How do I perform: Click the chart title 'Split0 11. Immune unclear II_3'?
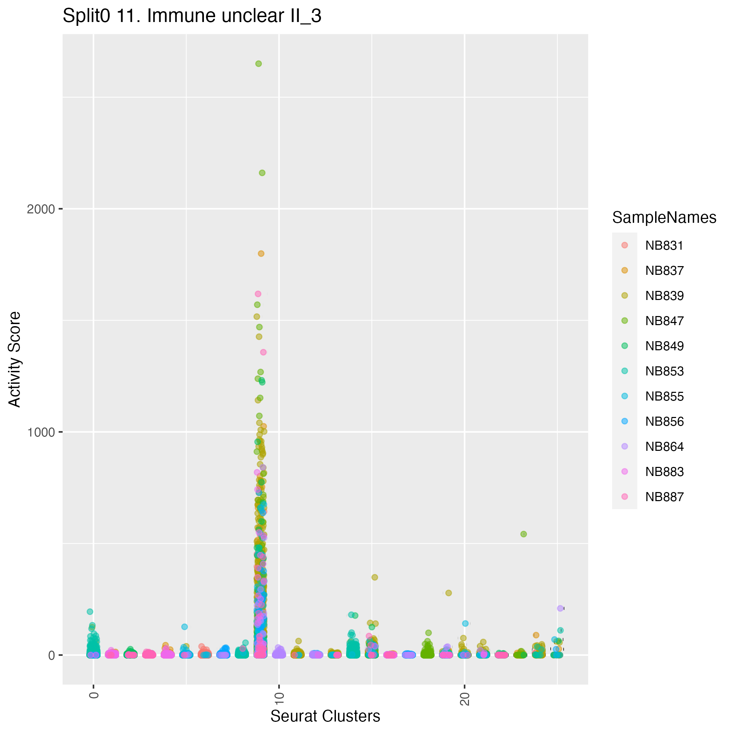pyautogui.click(x=192, y=16)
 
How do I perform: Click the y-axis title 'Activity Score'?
pyautogui.click(x=15, y=359)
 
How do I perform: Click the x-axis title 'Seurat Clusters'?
pyautogui.click(x=325, y=716)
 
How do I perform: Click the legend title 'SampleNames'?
pyautogui.click(x=664, y=218)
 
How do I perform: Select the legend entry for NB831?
pyautogui.click(x=664, y=245)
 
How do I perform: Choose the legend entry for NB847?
pyautogui.click(x=664, y=321)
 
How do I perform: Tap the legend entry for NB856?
pyautogui.click(x=664, y=422)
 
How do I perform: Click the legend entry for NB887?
pyautogui.click(x=664, y=497)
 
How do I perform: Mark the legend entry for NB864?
pyautogui.click(x=664, y=447)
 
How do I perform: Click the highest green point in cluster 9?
pyautogui.click(x=258, y=64)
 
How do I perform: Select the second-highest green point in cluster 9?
pyautogui.click(x=262, y=173)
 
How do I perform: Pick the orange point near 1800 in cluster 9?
pyautogui.click(x=261, y=254)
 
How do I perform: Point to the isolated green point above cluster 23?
pyautogui.click(x=523, y=534)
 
